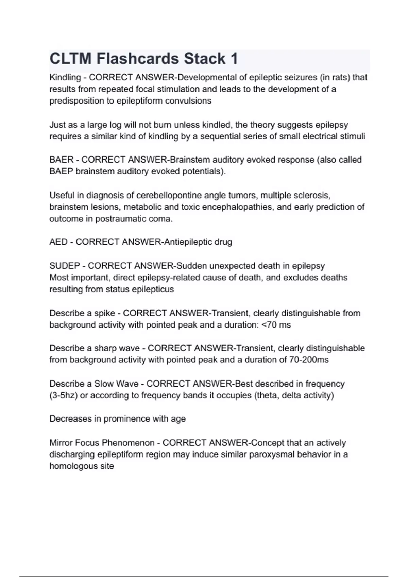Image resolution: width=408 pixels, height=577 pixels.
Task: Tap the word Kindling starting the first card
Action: [65, 78]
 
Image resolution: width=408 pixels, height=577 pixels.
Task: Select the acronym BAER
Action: [61, 160]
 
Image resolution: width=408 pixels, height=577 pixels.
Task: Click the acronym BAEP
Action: [61, 171]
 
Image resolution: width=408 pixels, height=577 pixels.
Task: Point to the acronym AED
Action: [58, 242]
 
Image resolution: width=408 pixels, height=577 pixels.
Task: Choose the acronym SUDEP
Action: [65, 266]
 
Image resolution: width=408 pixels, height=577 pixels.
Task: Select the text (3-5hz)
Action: [64, 395]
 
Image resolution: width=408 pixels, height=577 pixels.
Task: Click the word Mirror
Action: [61, 443]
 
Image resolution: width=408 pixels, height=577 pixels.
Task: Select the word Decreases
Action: [70, 419]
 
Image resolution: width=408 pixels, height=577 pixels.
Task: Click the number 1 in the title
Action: [234, 59]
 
